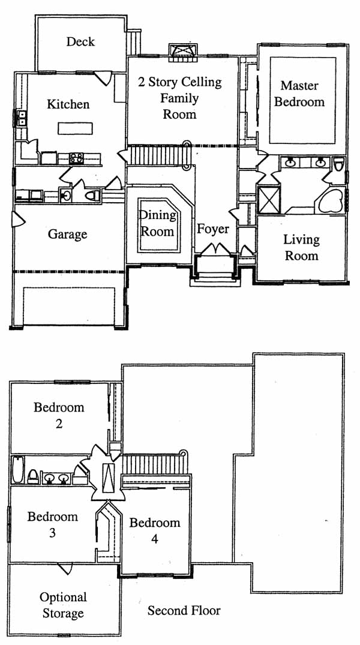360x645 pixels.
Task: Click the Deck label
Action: [80, 41]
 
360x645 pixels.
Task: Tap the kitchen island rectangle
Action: [75, 128]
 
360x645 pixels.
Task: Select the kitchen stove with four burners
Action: [76, 158]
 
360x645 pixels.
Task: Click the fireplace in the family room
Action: [183, 52]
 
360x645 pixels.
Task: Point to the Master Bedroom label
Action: [299, 94]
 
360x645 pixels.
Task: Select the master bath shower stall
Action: [269, 200]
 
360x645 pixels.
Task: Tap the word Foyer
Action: [212, 229]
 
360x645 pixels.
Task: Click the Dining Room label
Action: [156, 223]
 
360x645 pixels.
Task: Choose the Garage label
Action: [67, 235]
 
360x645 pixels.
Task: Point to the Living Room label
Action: [302, 248]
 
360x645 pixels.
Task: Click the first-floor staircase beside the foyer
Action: [158, 155]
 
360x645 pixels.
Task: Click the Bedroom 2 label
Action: [59, 415]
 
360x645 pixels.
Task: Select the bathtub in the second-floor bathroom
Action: [17, 469]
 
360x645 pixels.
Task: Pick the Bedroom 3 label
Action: [52, 524]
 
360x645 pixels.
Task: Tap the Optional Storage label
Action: [63, 605]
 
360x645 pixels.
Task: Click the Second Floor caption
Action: [184, 611]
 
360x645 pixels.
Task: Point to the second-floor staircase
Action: [155, 463]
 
